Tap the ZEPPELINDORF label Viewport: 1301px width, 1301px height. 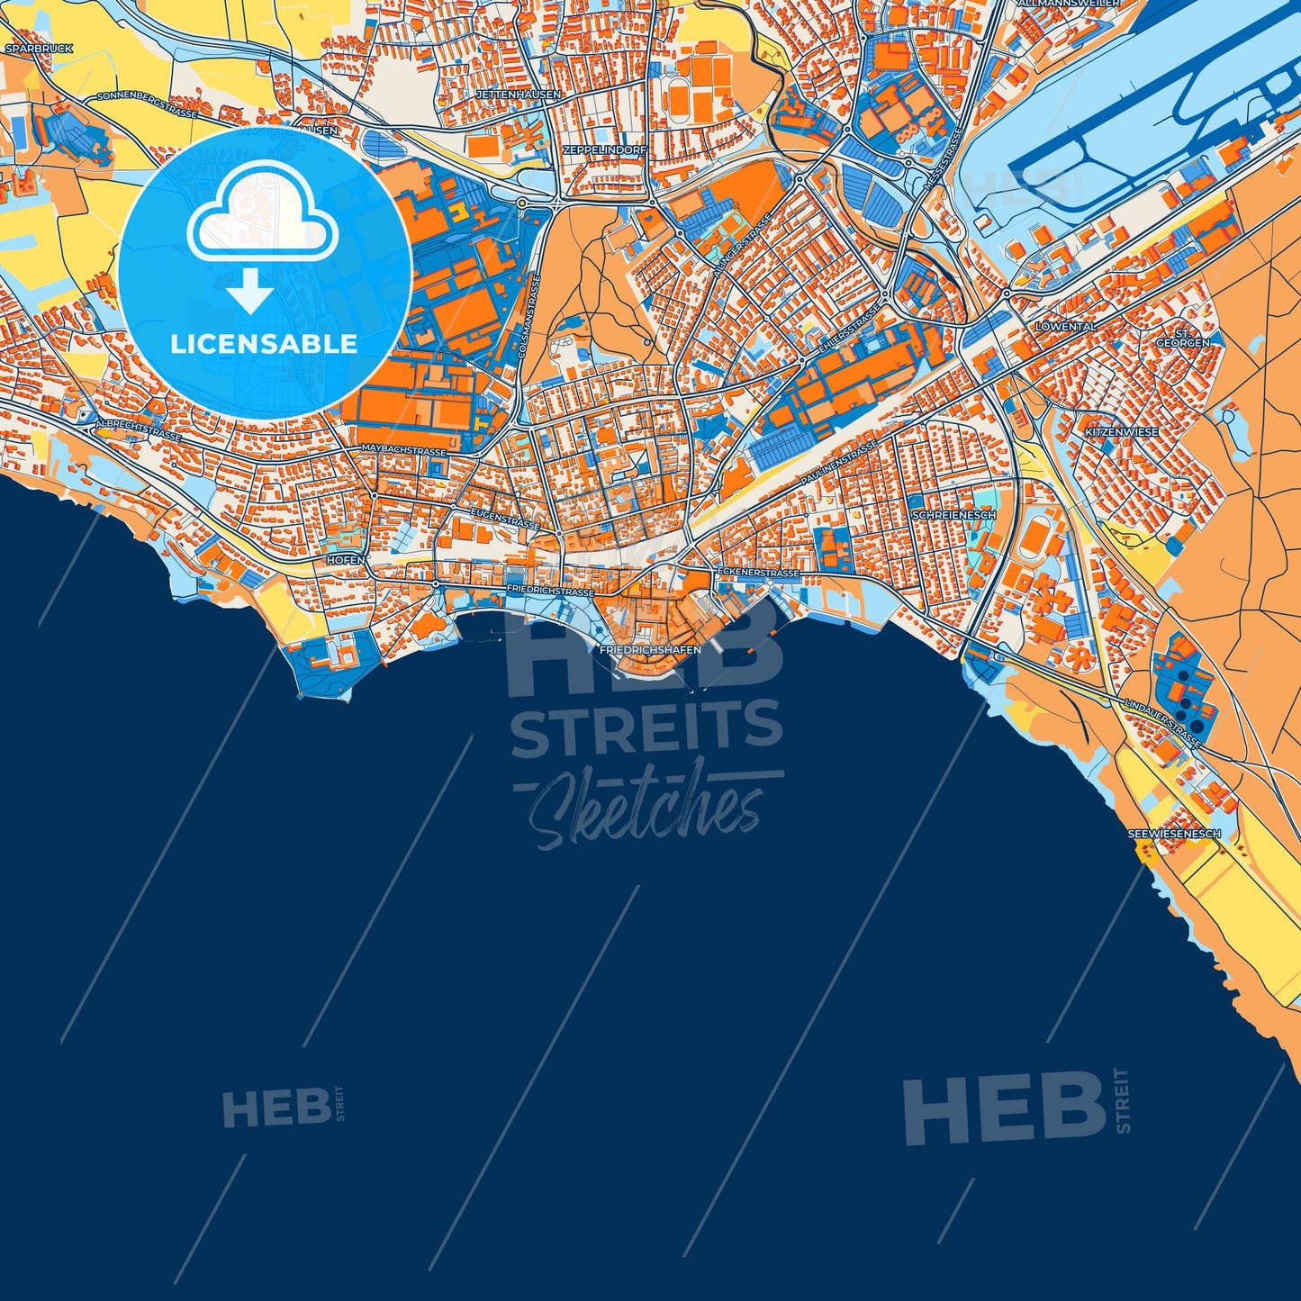click(x=603, y=149)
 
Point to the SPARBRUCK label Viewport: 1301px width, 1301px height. click(x=38, y=49)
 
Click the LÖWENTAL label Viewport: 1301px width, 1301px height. click(x=1065, y=327)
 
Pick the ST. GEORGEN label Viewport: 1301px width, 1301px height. click(x=1183, y=338)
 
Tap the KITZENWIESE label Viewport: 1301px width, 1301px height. click(x=1121, y=432)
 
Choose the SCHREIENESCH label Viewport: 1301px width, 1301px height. click(x=953, y=515)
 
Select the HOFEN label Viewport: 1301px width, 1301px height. click(x=346, y=560)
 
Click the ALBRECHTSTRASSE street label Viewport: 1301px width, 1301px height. click(x=139, y=429)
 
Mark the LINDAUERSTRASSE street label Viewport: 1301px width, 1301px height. click(x=1162, y=722)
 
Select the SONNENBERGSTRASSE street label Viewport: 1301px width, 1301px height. click(x=146, y=104)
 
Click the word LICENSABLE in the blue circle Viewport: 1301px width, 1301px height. click(x=264, y=343)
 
